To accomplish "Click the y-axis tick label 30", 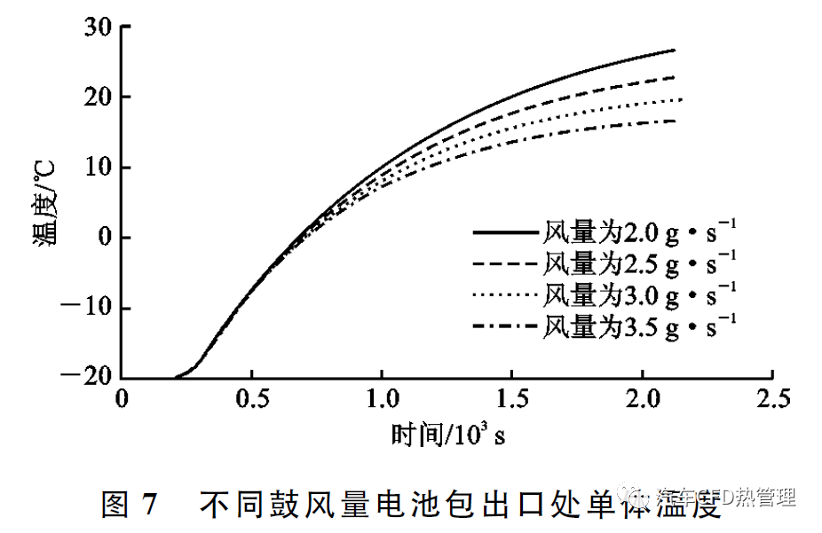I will click(x=95, y=27).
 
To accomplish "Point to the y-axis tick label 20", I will click(x=95, y=97).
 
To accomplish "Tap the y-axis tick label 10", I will click(x=95, y=168).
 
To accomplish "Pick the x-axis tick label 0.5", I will click(x=252, y=398).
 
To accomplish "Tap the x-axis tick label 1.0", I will click(x=383, y=398).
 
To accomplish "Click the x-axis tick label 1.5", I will click(x=512, y=398).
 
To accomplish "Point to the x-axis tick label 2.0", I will click(x=643, y=398).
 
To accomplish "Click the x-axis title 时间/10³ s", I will click(x=448, y=435).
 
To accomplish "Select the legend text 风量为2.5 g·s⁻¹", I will click(x=639, y=263).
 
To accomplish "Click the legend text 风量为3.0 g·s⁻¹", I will click(x=639, y=294).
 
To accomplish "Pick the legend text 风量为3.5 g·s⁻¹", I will click(x=639, y=325).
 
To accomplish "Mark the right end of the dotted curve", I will click(x=680, y=99).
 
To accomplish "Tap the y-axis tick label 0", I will click(x=104, y=238).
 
